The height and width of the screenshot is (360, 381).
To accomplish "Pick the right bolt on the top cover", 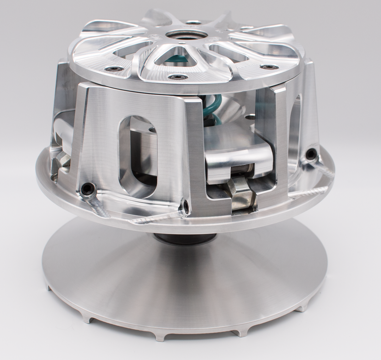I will point(268,67).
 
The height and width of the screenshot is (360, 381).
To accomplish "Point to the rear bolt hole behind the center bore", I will point(193,22).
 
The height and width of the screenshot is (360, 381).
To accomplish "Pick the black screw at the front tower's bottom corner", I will point(185,206).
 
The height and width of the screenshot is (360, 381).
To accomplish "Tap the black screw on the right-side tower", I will point(311,154).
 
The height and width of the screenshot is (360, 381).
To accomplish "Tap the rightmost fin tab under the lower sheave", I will point(303,308).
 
